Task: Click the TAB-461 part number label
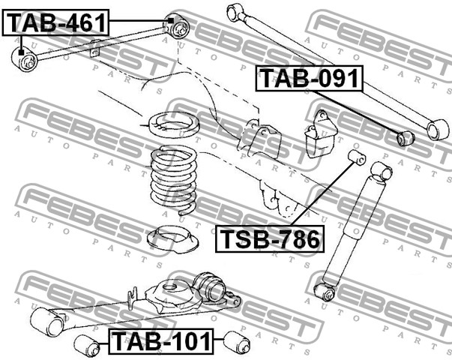coord(55,22)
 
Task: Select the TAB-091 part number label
coord(310,79)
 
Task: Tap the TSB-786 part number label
coord(270,238)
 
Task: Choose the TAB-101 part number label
coord(161,341)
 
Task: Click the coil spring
coord(174,180)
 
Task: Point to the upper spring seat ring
coord(173,124)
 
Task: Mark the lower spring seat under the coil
coord(172,236)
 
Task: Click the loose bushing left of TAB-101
coord(87,345)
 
